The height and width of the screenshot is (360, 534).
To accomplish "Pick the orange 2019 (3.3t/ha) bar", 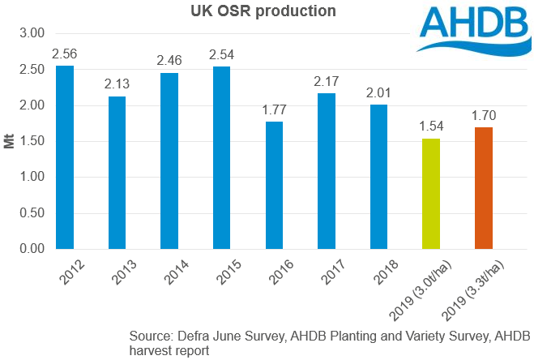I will (x=484, y=187).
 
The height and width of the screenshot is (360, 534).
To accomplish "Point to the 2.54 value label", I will (x=222, y=56).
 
